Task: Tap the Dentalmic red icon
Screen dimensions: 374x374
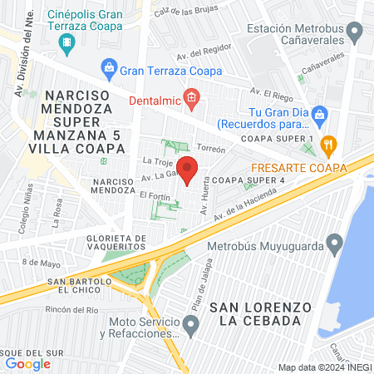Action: (191, 101)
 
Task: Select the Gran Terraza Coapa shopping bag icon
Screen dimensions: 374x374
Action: (108, 66)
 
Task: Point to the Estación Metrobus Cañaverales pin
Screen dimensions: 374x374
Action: (357, 33)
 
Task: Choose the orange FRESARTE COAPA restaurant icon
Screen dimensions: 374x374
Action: (329, 143)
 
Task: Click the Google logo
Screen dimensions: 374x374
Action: (27, 363)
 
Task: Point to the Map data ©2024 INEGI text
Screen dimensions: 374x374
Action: (323, 367)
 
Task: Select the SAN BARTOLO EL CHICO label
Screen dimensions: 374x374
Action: (86, 286)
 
